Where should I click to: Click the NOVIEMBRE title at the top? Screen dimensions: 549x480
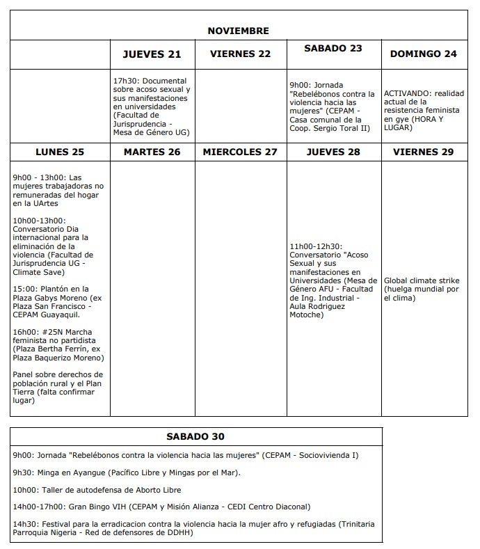click(238, 31)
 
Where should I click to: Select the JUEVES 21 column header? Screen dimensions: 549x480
click(152, 54)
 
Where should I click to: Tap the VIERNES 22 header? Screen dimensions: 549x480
click(240, 54)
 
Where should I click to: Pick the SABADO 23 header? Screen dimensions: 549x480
click(333, 49)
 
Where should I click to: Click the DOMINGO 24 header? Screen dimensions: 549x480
click(424, 54)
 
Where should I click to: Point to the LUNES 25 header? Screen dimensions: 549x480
click(59, 152)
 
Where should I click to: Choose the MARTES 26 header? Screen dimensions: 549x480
click(152, 152)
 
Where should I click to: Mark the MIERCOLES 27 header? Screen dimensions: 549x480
click(240, 152)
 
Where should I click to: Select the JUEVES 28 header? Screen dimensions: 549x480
click(333, 152)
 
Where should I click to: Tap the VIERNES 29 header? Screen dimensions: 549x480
click(424, 152)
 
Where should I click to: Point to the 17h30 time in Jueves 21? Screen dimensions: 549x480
click(124, 81)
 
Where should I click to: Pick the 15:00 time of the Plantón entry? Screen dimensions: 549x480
click(23, 289)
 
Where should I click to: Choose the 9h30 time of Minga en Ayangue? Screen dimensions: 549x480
click(22, 472)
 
